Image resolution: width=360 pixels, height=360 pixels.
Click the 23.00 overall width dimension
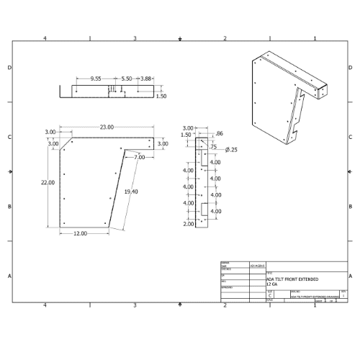coord(107,127)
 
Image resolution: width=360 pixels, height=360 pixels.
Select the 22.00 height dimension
coord(48,182)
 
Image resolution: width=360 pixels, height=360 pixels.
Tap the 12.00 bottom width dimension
coord(79,233)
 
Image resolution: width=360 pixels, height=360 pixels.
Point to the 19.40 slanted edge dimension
coord(130,192)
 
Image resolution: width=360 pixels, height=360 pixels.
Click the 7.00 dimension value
coord(139,156)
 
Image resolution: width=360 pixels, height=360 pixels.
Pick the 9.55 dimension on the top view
coord(96,77)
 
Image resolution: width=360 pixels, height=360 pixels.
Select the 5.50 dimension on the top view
coord(126,77)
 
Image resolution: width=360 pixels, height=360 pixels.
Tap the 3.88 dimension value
coord(146,77)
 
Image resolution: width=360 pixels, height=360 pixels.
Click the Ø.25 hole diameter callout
coord(231,150)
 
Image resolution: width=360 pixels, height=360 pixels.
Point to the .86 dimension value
coord(220,134)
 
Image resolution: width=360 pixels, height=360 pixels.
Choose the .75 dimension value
coord(213,147)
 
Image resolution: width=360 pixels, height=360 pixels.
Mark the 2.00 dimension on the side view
coord(189,225)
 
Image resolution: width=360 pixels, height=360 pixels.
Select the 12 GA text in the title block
coord(274,284)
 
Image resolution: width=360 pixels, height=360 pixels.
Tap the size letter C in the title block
coord(270,295)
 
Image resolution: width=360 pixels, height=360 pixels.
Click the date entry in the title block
coord(256,265)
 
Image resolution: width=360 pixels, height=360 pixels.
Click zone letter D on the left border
coord(9,67)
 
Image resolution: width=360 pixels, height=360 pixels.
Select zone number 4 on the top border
coord(45,37)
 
